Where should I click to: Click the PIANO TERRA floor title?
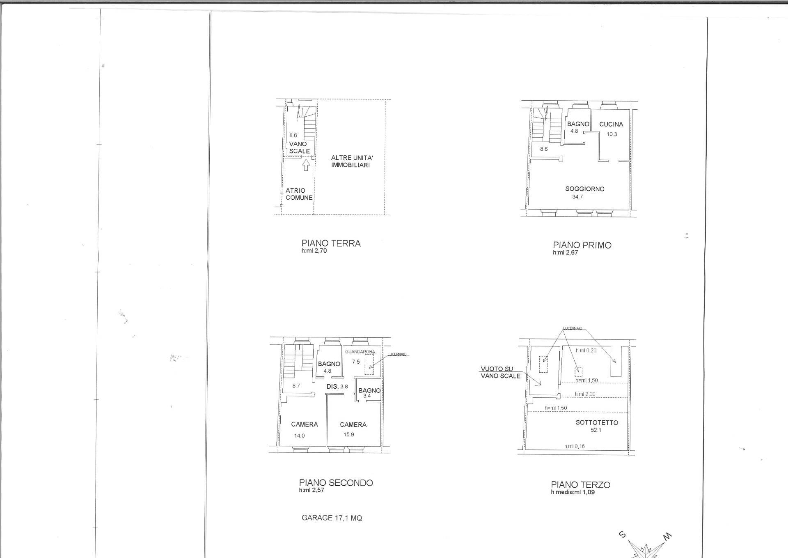[x=331, y=243]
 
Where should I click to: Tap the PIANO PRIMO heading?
[x=582, y=245]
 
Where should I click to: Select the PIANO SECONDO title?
[x=336, y=483]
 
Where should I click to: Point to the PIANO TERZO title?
[x=580, y=485]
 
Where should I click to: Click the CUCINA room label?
[x=611, y=124]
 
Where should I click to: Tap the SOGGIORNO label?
[x=585, y=189]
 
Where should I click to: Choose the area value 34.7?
[x=577, y=197]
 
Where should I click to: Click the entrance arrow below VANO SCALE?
[x=306, y=165]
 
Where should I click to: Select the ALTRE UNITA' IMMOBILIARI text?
[x=352, y=161]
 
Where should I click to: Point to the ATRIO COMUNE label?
[x=299, y=194]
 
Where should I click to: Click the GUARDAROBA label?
[x=360, y=352]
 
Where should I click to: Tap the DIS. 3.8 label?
[x=337, y=387]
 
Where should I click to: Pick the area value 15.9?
[x=349, y=434]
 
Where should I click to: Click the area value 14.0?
[x=300, y=436]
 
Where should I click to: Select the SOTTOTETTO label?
[x=597, y=422]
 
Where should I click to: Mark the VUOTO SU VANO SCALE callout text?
[x=501, y=372]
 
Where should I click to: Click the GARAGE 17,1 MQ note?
[x=332, y=518]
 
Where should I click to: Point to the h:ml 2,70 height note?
[x=314, y=251]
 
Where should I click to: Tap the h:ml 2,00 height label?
[x=585, y=394]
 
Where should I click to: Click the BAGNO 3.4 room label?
[x=369, y=393]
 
